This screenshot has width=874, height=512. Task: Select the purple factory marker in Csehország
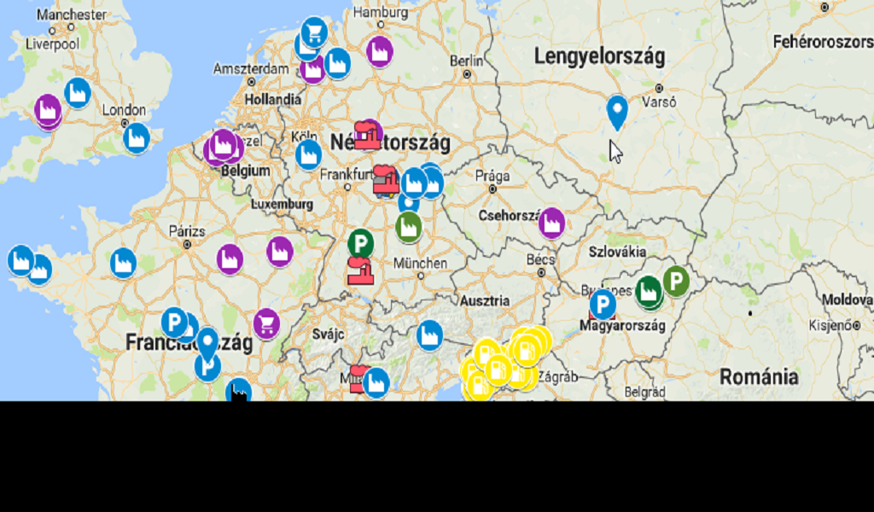(x=552, y=222)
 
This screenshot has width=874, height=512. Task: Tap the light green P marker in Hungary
(x=676, y=281)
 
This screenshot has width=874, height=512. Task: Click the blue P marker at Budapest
(x=603, y=304)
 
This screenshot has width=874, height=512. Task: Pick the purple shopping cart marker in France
(x=266, y=323)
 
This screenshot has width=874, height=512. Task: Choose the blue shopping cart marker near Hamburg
(x=315, y=32)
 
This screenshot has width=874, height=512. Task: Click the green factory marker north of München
(x=409, y=226)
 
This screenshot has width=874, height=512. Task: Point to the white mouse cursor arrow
(x=615, y=151)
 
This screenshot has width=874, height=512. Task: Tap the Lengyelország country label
(x=599, y=56)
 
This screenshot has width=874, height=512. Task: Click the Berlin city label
(x=466, y=61)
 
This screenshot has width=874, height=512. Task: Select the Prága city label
(x=492, y=175)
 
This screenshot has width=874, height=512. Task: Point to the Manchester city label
(x=72, y=15)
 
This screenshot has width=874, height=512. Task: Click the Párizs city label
(x=187, y=230)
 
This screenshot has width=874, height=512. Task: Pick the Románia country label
(x=759, y=376)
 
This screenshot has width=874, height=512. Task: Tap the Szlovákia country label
(x=617, y=252)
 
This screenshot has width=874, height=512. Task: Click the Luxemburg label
(x=282, y=205)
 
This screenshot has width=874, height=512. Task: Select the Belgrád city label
(x=644, y=391)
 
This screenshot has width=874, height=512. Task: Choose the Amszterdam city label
(x=251, y=68)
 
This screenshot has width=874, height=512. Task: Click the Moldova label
(x=848, y=300)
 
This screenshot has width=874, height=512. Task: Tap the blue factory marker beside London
(x=137, y=137)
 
